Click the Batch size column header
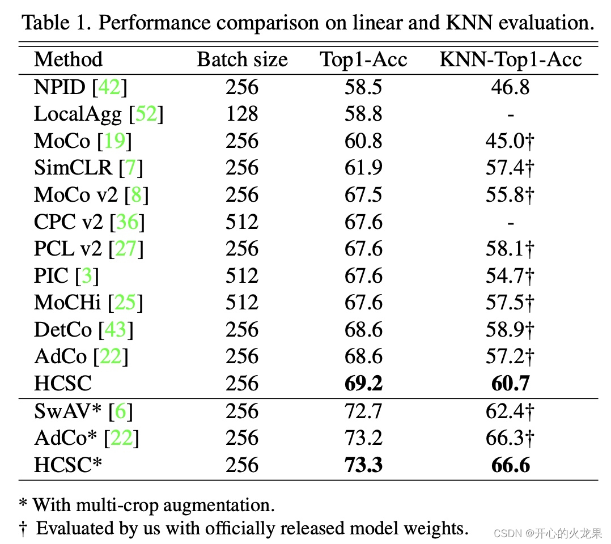pos(242,59)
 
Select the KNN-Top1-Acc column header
pos(511,59)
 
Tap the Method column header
pos(68,59)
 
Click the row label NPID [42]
pos(80,87)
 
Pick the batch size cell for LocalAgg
pos(242,114)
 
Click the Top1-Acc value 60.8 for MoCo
pos(363,141)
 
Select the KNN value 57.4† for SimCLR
pos(510,168)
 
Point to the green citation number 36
pos(128,222)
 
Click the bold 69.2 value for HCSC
pos(363,384)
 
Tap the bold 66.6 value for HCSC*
pos(510,465)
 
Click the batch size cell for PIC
pos(242,276)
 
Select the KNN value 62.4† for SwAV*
pos(510,411)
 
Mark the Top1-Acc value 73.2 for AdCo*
pos(363,438)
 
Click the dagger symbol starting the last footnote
pos(23,529)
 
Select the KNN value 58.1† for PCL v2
pos(510,249)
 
